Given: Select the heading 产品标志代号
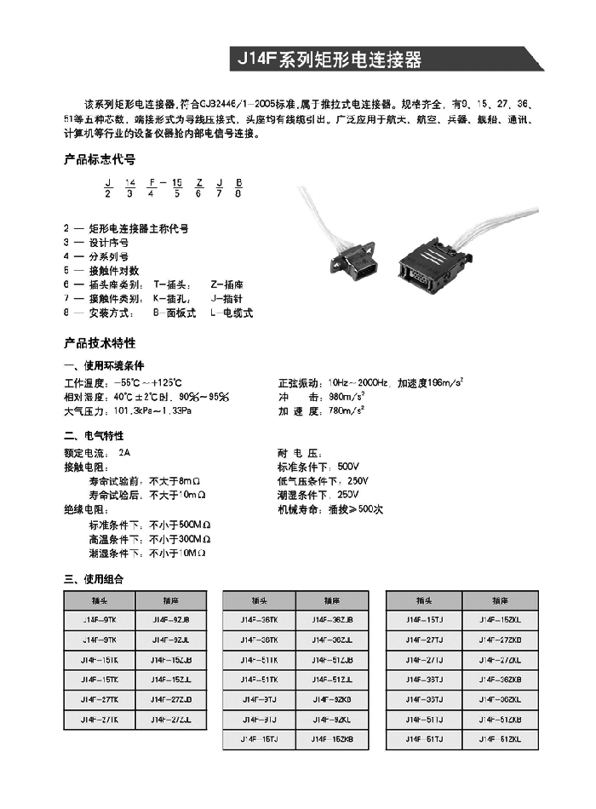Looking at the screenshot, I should [x=100, y=159].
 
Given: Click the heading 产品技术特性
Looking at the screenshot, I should [x=100, y=343].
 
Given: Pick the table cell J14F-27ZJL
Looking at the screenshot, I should [x=170, y=720].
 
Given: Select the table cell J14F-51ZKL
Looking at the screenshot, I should [x=499, y=739].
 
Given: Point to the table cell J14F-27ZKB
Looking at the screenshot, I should [x=499, y=640].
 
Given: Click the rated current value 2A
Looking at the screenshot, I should [x=125, y=452].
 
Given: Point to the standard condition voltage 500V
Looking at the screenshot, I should [x=348, y=467].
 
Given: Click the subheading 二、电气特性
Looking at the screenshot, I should [x=94, y=436].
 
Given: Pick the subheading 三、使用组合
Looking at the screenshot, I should [x=94, y=579].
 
